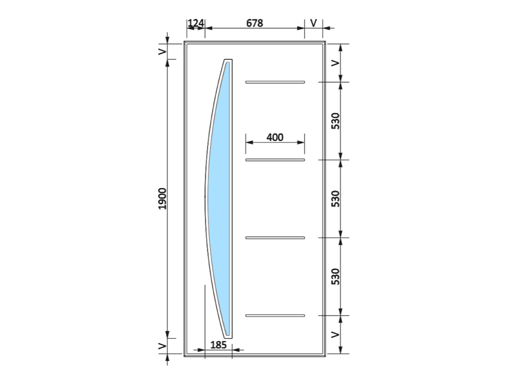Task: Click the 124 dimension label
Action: coord(196,23)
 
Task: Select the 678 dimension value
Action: coord(254,23)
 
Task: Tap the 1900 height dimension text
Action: coord(162,199)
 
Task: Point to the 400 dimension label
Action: coord(275,137)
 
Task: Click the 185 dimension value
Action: coord(218,345)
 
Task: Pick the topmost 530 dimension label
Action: coord(335,121)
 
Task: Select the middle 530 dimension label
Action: coord(335,199)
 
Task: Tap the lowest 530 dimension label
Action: coord(335,276)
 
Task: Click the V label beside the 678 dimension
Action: coord(314,23)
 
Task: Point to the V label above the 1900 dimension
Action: coord(162,52)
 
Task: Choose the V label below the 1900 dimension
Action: coord(162,346)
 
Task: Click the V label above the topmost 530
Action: coord(335,63)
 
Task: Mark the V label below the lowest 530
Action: coord(335,334)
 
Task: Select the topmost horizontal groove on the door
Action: coord(275,82)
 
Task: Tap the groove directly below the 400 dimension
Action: coord(275,160)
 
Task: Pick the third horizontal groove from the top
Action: coord(275,238)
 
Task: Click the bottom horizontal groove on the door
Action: coord(275,316)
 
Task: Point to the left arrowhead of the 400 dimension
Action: coord(249,142)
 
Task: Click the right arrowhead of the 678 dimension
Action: coord(301,28)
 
